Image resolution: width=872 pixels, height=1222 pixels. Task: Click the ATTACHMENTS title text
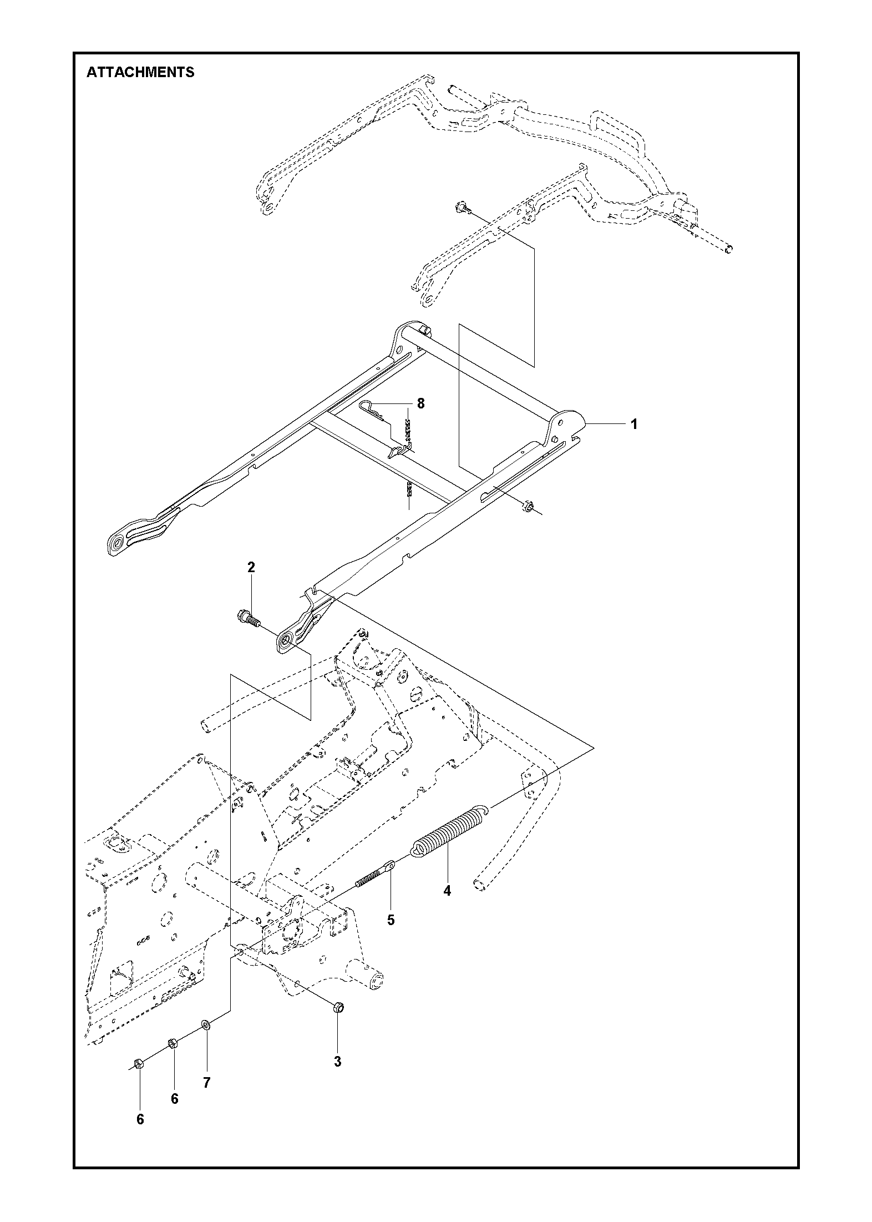[x=140, y=72]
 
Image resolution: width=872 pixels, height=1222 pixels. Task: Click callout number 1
[x=633, y=425]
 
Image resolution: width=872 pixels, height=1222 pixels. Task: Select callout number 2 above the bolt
[x=251, y=567]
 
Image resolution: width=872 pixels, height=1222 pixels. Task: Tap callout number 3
[x=337, y=1062]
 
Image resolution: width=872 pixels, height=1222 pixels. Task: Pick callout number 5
[x=391, y=920]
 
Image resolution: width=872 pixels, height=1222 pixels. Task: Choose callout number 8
[x=420, y=403]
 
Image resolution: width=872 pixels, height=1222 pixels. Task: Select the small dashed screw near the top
[x=461, y=208]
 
